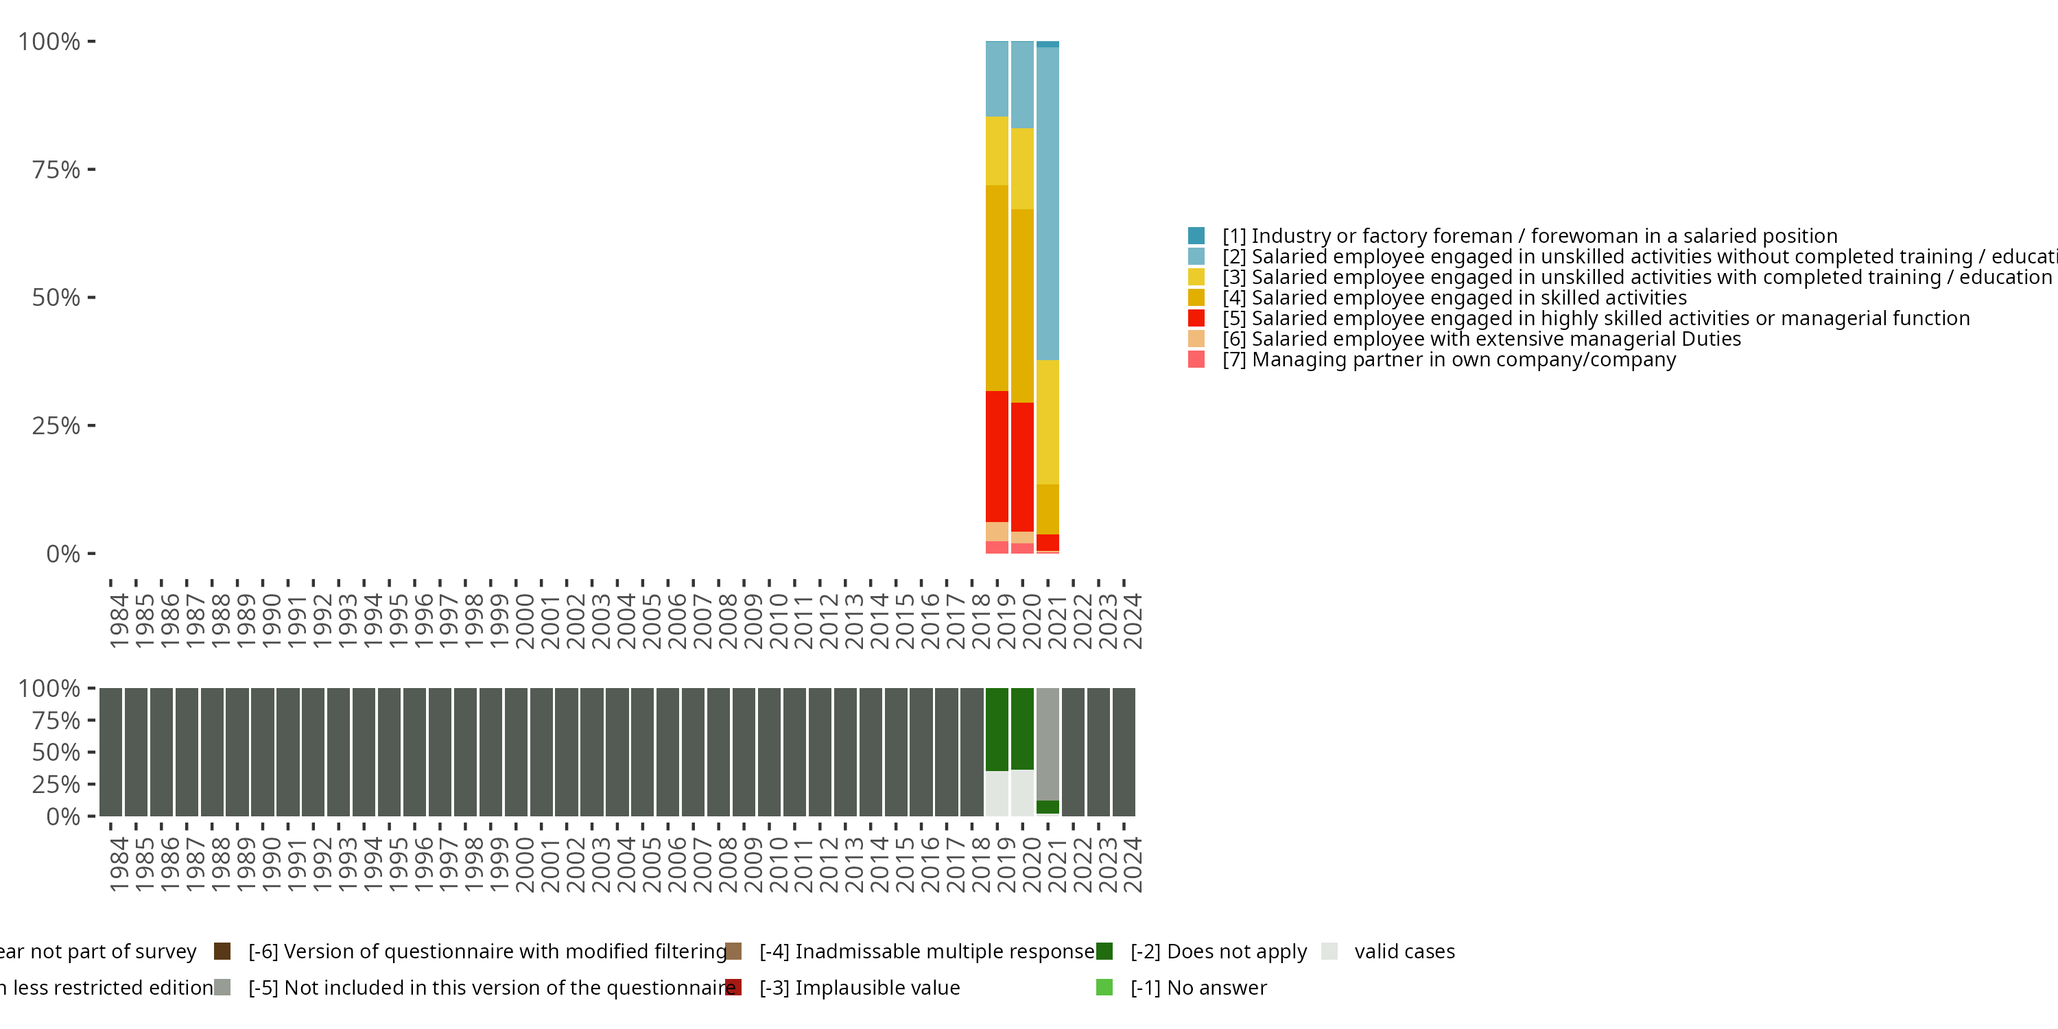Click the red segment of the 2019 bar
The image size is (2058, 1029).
pyautogui.click(x=996, y=456)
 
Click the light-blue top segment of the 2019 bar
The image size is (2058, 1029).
pyautogui.click(x=996, y=78)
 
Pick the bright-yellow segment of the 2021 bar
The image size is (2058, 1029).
pyautogui.click(x=1048, y=422)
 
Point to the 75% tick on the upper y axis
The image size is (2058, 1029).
pyautogui.click(x=91, y=169)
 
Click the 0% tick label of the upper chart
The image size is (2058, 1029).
pyautogui.click(x=63, y=554)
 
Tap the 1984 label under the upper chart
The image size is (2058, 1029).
pyautogui.click(x=118, y=621)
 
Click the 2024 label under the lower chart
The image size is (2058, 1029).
pyautogui.click(x=1132, y=864)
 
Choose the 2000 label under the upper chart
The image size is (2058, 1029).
pyautogui.click(x=524, y=621)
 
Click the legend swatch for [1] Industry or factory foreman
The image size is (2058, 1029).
pyautogui.click(x=1196, y=236)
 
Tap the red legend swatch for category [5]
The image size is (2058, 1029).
pyautogui.click(x=1196, y=318)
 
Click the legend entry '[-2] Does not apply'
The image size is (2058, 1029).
pyautogui.click(x=1218, y=951)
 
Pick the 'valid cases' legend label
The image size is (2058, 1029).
pyautogui.click(x=1404, y=951)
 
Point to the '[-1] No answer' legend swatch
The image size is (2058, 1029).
pyautogui.click(x=1104, y=987)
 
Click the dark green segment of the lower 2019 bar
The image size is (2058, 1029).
pyautogui.click(x=996, y=729)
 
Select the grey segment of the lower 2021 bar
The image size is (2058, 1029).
pyautogui.click(x=1048, y=743)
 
